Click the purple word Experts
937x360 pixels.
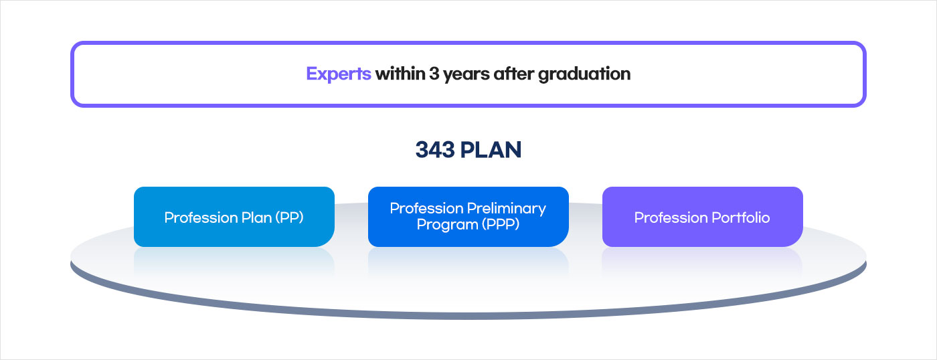pos(339,74)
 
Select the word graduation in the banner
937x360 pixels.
pos(584,74)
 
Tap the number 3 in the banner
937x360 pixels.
pos(434,74)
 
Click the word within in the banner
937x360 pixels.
pos(400,74)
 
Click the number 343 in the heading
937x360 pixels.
pos(435,150)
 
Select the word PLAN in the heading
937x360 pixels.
pos(491,150)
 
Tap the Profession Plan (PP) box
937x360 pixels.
pos(234,217)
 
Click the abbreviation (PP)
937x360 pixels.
pos(289,217)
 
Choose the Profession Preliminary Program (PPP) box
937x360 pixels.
pos(468,217)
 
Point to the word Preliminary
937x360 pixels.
pos(507,209)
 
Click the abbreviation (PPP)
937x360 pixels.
pos(501,225)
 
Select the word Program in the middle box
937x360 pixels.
pos(448,225)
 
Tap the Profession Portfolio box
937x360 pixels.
pos(703,217)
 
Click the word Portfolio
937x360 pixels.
pos(741,217)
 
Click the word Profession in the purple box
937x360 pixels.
pos(671,217)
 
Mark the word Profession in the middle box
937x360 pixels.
pos(427,208)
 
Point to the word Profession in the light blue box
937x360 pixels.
pos(201,217)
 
